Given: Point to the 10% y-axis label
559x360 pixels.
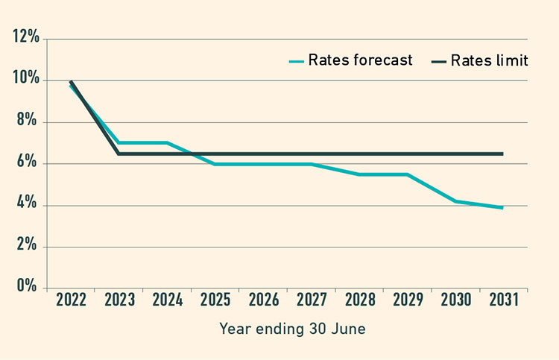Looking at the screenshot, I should (26, 80).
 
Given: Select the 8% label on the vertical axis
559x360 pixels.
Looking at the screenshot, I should (29, 121).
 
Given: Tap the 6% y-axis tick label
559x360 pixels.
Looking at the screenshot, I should (29, 164).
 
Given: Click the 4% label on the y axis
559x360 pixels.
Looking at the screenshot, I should (29, 206).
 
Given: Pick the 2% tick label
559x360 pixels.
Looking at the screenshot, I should (29, 247).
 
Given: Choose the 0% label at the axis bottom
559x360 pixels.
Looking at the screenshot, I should (29, 288).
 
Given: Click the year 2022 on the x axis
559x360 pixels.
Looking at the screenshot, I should (72, 300).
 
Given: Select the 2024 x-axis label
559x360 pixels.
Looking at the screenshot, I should (168, 300).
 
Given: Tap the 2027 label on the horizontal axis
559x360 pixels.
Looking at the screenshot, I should (312, 300).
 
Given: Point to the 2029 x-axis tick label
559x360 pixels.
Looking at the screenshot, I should (408, 300).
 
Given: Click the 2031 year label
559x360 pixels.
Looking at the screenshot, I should (503, 300).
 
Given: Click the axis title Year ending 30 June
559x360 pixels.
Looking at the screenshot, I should (292, 328).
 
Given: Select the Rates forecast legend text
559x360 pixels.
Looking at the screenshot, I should (361, 60).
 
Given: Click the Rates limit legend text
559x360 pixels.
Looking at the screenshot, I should (489, 60).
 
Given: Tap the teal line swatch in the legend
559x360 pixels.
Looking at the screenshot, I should (297, 61).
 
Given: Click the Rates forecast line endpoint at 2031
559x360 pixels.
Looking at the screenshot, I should (503, 208).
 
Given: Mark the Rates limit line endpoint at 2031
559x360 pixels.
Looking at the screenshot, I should (503, 154).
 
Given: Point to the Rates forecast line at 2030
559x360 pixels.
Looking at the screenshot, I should (455, 201).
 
